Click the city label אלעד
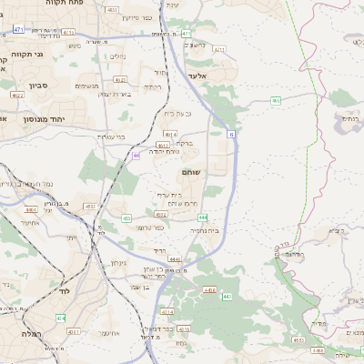pos(197,76)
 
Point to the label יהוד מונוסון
pos(41,118)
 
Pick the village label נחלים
pos(117,56)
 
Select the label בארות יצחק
pos(115,94)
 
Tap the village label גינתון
pos(118,263)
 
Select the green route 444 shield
pos(201,217)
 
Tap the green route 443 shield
pos(227,297)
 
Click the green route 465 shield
pos(136,156)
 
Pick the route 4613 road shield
pos(163,144)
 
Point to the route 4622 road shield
pos(17,94)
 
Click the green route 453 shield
pos(126,218)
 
